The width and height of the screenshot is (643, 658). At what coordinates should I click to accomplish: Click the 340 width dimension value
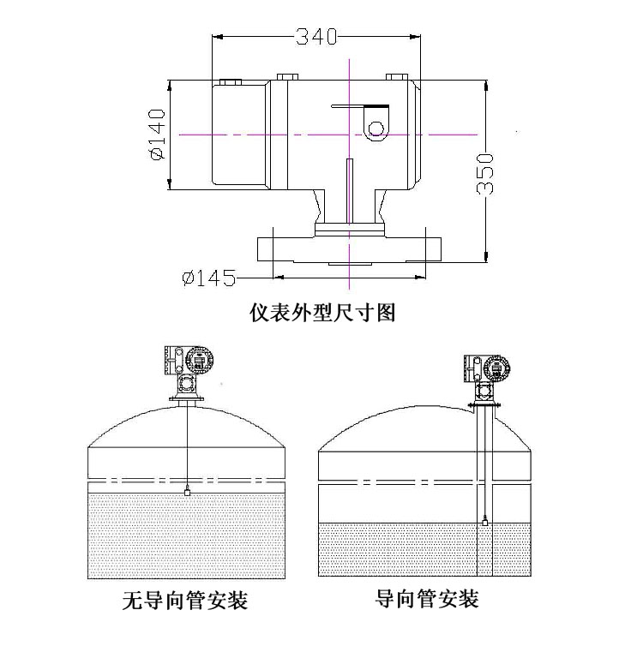(x=316, y=37)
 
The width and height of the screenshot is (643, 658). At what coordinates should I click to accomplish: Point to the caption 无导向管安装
(x=185, y=601)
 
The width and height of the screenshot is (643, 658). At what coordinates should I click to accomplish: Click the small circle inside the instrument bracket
(x=375, y=129)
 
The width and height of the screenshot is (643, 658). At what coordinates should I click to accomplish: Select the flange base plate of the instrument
(x=351, y=249)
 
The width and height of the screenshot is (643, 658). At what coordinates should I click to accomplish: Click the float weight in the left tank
(x=187, y=492)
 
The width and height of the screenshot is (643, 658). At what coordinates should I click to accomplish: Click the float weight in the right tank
(x=486, y=520)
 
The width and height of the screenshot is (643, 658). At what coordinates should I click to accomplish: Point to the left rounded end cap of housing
(x=238, y=135)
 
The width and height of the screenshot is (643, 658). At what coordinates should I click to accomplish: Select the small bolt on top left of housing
(x=230, y=81)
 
